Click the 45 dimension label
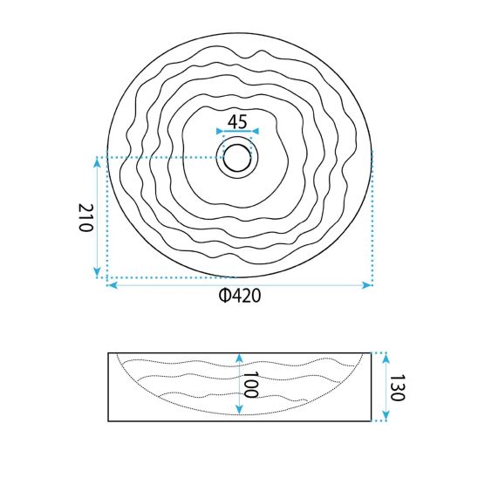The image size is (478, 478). click(237, 121)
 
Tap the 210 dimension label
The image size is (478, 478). click(85, 218)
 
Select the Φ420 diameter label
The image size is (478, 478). click(240, 296)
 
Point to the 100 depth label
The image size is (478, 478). click(251, 385)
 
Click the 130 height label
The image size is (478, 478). click(397, 387)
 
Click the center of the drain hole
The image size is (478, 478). click(237, 158)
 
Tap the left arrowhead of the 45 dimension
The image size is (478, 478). click(219, 131)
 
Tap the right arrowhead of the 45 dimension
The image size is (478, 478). click(256, 131)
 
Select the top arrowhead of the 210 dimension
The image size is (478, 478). click(97, 163)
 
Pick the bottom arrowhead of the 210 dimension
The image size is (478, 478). click(97, 271)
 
